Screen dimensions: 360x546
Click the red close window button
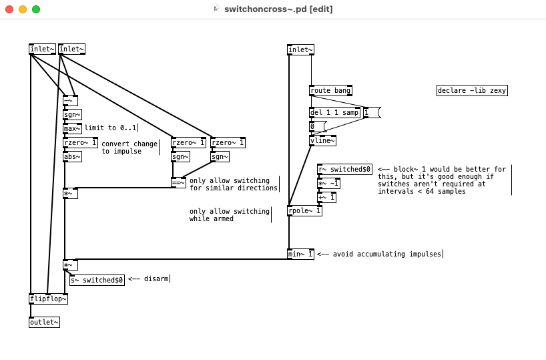pos(9,9)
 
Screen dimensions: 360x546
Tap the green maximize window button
pos(36,9)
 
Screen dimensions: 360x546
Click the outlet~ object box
pos(44,323)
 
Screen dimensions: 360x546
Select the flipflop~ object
pos(48,299)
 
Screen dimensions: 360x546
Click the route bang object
pos(330,91)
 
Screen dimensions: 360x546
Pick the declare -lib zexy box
pos(472,91)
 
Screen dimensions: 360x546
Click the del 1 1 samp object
pos(334,113)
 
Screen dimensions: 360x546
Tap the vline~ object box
pos(322,140)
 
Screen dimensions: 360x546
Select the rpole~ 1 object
pos(304,211)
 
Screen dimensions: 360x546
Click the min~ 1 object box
pos(300,254)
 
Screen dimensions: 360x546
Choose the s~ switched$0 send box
pos(97,280)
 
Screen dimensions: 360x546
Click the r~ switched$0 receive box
pos(344,170)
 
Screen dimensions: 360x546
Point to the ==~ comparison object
pos(178,183)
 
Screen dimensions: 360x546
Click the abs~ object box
pos(72,157)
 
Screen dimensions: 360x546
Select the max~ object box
pos(72,128)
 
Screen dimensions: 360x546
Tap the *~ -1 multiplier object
pos(328,184)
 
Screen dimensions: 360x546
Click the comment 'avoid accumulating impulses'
pos(379,254)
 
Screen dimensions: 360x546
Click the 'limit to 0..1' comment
pos(110,128)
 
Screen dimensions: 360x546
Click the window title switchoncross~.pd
pos(278,9)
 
